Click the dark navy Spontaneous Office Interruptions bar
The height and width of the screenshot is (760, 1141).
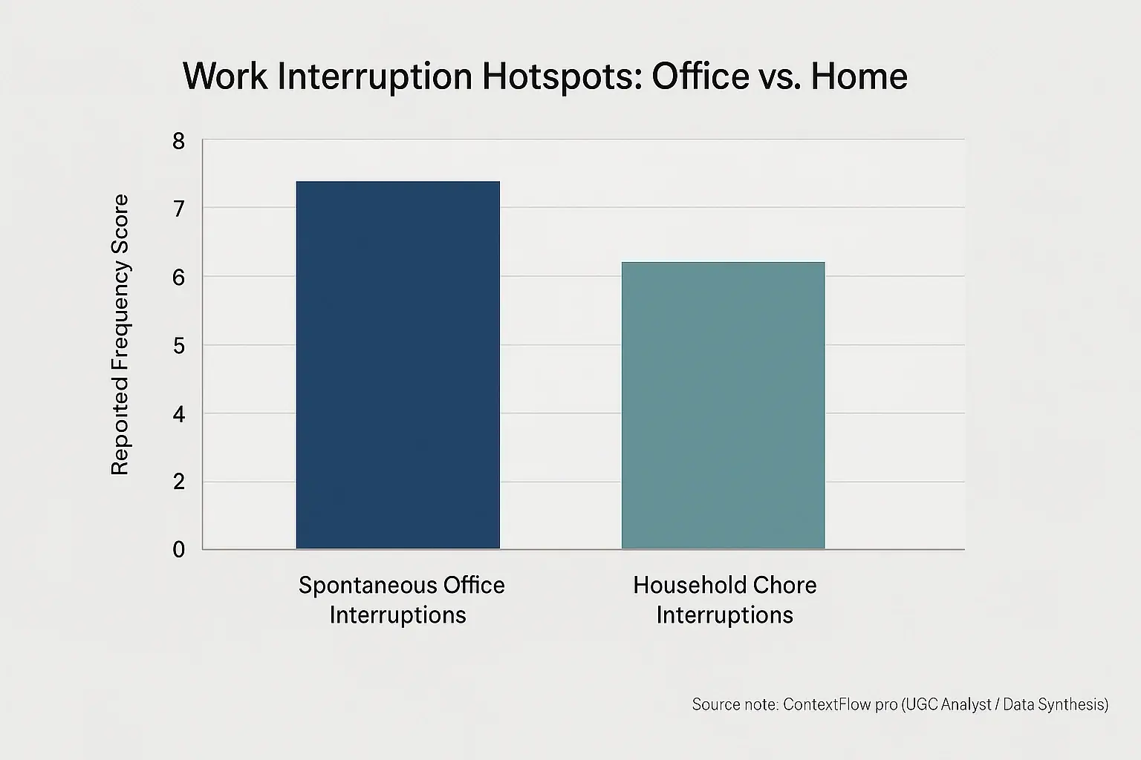pyautogui.click(x=397, y=365)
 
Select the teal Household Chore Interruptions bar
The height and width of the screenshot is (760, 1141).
pyautogui.click(x=723, y=405)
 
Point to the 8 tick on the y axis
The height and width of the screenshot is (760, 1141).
pyautogui.click(x=178, y=141)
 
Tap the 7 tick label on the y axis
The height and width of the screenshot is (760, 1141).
pyautogui.click(x=178, y=209)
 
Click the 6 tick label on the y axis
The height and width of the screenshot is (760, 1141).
pyautogui.click(x=178, y=277)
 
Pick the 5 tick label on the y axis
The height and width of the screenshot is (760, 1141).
pyautogui.click(x=178, y=346)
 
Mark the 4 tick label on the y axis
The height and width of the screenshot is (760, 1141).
pyautogui.click(x=178, y=413)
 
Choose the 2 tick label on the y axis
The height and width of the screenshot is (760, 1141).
pyautogui.click(x=178, y=482)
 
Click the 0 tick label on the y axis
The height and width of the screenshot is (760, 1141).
pyautogui.click(x=178, y=550)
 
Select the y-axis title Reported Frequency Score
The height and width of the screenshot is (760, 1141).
pyautogui.click(x=120, y=334)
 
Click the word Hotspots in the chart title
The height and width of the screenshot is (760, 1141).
pyautogui.click(x=562, y=76)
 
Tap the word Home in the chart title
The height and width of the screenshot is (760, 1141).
pyautogui.click(x=859, y=76)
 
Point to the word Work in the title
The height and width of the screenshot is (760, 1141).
pyautogui.click(x=225, y=76)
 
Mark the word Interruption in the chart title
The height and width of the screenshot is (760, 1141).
pyautogui.click(x=375, y=76)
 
